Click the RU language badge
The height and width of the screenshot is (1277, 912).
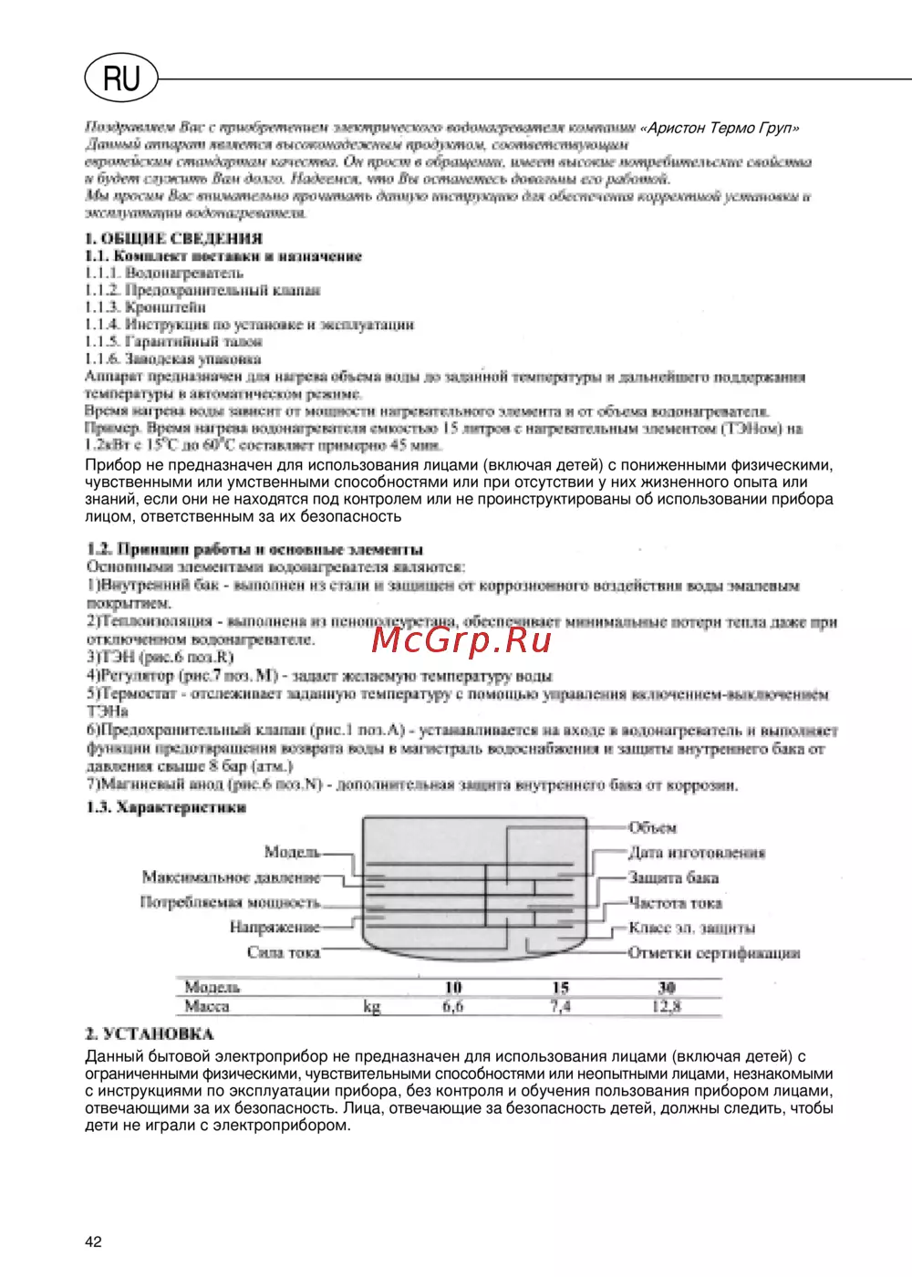121,78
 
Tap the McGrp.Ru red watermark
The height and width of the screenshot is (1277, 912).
461,640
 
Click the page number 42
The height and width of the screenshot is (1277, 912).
93,1241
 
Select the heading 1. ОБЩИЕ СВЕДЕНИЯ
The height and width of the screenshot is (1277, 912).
173,239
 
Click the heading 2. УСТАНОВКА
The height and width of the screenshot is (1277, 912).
150,1034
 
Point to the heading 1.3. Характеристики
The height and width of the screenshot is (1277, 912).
166,808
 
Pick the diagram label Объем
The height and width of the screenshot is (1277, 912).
653,828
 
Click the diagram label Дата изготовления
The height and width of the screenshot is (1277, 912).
697,853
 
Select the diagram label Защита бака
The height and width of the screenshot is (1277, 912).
674,877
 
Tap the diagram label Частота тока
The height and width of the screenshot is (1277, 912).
676,903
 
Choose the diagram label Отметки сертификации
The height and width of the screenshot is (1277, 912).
714,953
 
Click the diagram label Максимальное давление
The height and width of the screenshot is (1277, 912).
231,877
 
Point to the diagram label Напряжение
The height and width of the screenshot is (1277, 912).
275,928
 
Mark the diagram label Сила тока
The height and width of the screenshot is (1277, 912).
284,952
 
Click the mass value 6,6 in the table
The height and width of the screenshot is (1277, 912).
453,1007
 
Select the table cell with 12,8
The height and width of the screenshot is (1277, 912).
667,1007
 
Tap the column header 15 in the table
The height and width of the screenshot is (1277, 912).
561,988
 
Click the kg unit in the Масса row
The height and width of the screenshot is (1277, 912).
372,1007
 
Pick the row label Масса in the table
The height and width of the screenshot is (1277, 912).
207,1007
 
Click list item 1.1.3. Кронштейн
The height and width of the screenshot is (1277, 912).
146,307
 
